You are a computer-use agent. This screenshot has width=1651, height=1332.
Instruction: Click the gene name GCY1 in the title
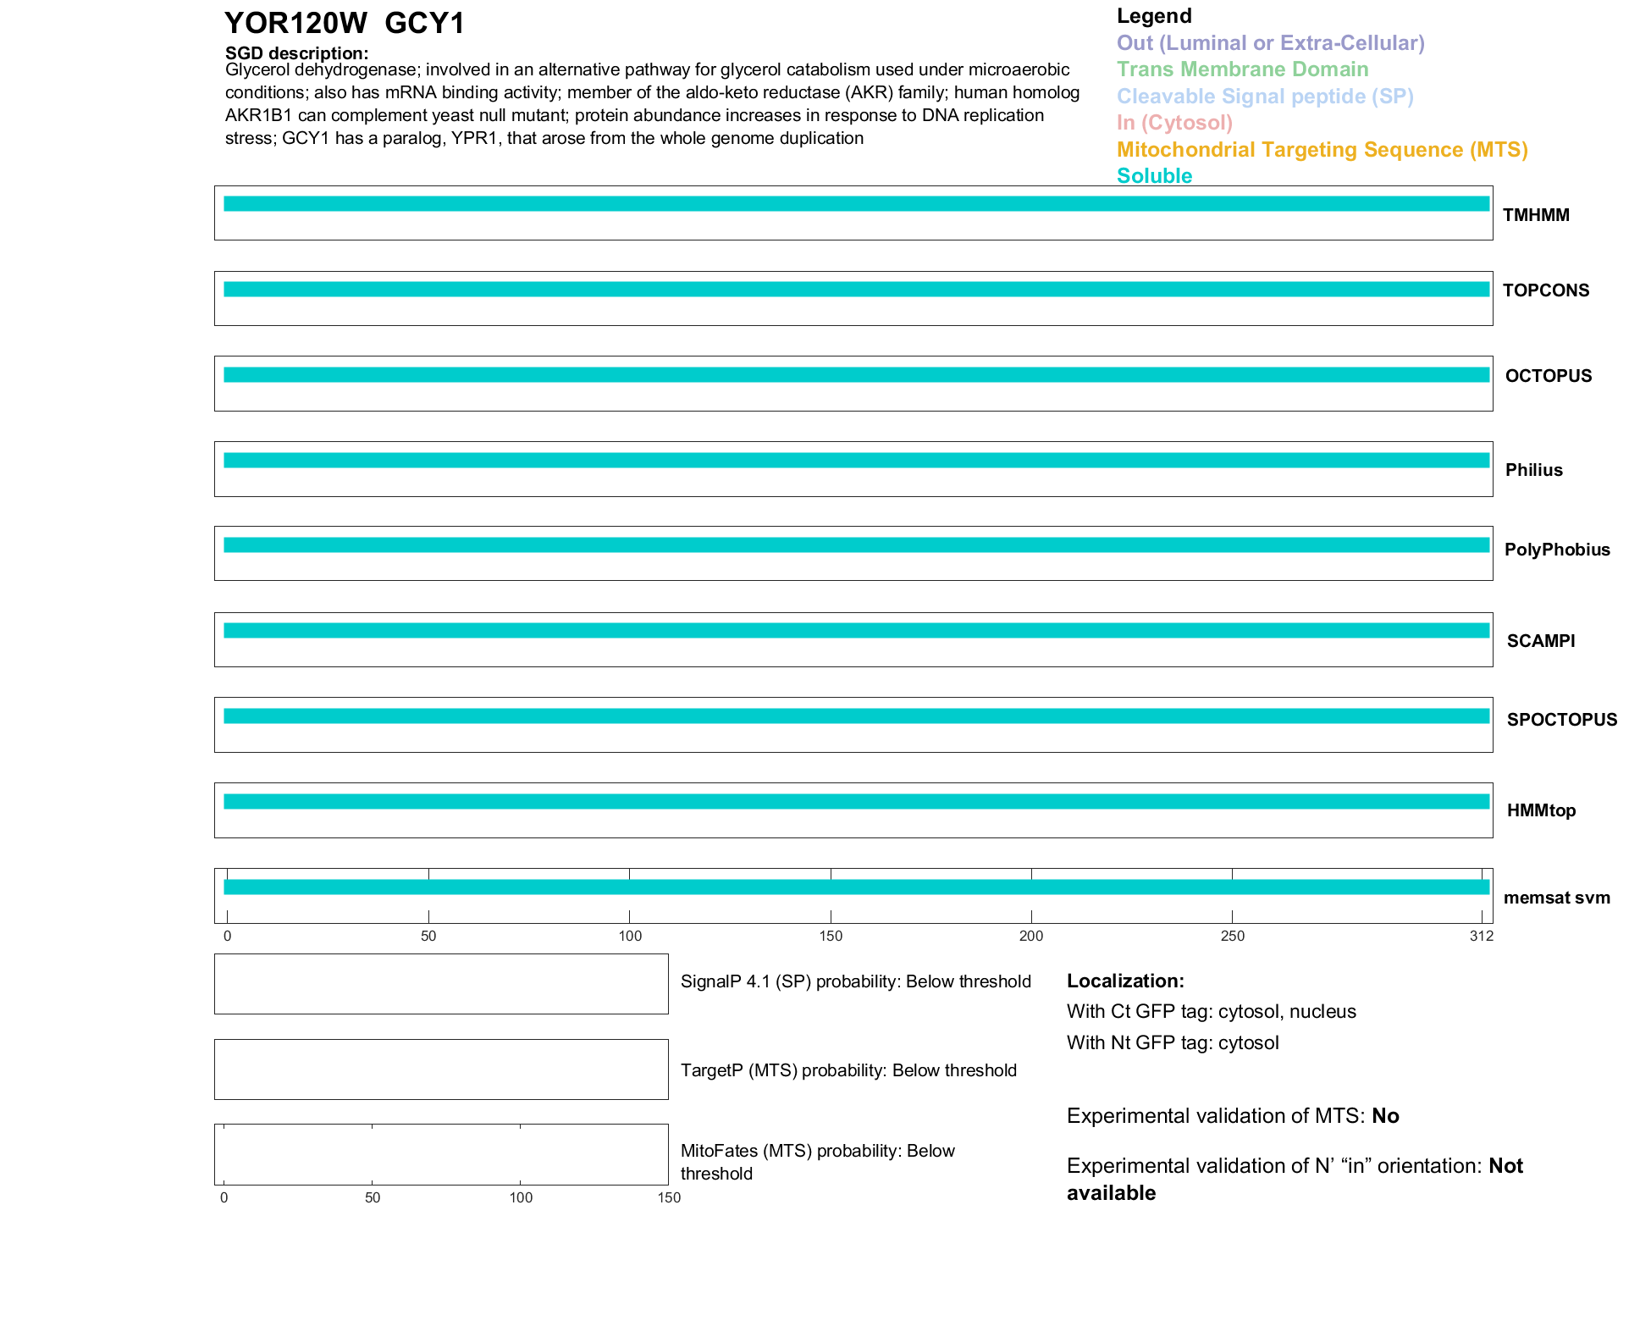point(424,24)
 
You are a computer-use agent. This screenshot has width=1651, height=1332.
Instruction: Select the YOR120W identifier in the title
point(295,24)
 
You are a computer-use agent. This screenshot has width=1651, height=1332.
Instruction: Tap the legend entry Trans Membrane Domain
point(1242,69)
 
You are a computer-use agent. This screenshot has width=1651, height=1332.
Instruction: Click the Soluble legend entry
point(1154,176)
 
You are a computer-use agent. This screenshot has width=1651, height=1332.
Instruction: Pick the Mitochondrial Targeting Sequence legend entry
point(1322,150)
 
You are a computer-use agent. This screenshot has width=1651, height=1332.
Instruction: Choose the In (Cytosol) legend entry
point(1174,123)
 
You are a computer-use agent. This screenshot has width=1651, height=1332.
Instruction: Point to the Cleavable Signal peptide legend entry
point(1265,97)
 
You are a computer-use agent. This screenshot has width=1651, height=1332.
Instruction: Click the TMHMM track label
point(1536,215)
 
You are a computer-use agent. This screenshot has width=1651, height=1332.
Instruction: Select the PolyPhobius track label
point(1557,550)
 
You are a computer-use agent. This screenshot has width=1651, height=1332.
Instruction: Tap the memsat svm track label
point(1556,898)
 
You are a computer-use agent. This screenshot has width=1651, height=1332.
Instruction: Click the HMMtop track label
point(1541,810)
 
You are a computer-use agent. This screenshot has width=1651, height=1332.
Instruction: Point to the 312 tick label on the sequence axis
point(1482,936)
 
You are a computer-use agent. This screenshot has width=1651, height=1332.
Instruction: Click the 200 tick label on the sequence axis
point(1031,936)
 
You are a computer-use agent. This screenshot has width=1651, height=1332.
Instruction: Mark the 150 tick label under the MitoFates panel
point(669,1197)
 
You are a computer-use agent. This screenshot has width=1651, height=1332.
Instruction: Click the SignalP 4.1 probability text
point(855,981)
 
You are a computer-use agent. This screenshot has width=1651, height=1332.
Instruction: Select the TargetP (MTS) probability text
point(848,1070)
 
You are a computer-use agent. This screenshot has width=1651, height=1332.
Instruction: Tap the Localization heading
point(1125,981)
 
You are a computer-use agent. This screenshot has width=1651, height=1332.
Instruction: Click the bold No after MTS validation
point(1385,1116)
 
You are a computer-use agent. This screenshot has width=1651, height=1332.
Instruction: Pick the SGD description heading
point(296,53)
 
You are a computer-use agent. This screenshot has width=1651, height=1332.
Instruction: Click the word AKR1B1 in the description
point(258,115)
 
